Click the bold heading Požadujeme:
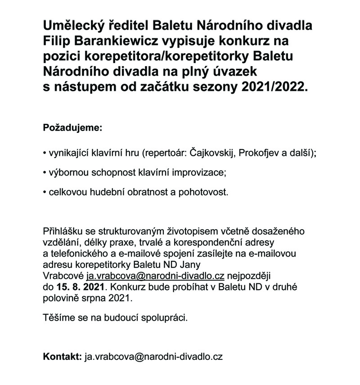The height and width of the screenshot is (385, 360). [x=72, y=128]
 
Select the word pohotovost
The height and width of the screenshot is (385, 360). [x=207, y=193]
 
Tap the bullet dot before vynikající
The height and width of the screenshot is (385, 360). [x=44, y=154]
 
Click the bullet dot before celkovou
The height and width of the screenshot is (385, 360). [x=44, y=193]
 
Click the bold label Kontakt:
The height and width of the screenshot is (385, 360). [x=62, y=357]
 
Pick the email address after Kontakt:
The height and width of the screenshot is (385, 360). [x=153, y=357]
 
